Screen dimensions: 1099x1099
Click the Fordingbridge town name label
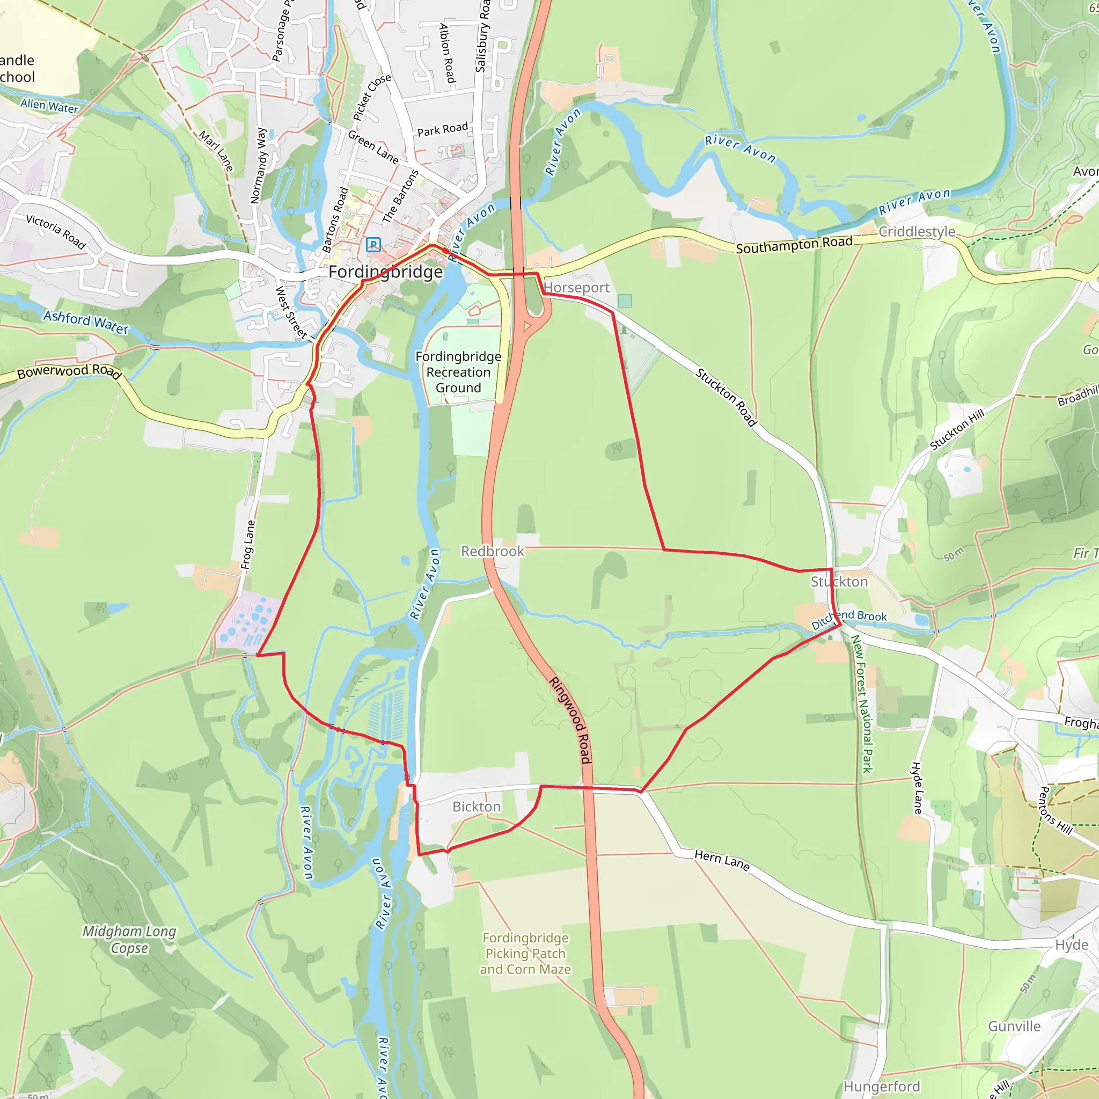coord(385,272)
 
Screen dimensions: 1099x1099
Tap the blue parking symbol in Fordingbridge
coord(373,245)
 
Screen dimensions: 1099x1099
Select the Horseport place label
coord(576,288)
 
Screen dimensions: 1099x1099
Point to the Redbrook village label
coord(492,551)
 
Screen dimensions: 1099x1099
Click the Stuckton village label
coord(839,581)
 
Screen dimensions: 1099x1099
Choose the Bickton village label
coord(476,807)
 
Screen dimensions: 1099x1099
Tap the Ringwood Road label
coord(570,720)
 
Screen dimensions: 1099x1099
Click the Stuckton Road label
coord(727,397)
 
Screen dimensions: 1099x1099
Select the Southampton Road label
coord(794,245)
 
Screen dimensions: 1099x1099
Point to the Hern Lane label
coord(722,859)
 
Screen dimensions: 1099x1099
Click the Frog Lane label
coord(248,544)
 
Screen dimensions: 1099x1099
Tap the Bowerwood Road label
coord(69,371)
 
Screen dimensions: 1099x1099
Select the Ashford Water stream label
coord(86,321)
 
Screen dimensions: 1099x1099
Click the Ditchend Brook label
coord(849,618)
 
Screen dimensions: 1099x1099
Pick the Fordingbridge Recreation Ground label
coord(458,372)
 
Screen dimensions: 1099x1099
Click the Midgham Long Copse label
coord(129,939)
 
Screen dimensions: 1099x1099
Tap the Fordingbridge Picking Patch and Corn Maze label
coord(525,954)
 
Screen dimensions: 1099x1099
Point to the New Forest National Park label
coord(861,704)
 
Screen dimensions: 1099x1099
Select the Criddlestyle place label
coord(917,231)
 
